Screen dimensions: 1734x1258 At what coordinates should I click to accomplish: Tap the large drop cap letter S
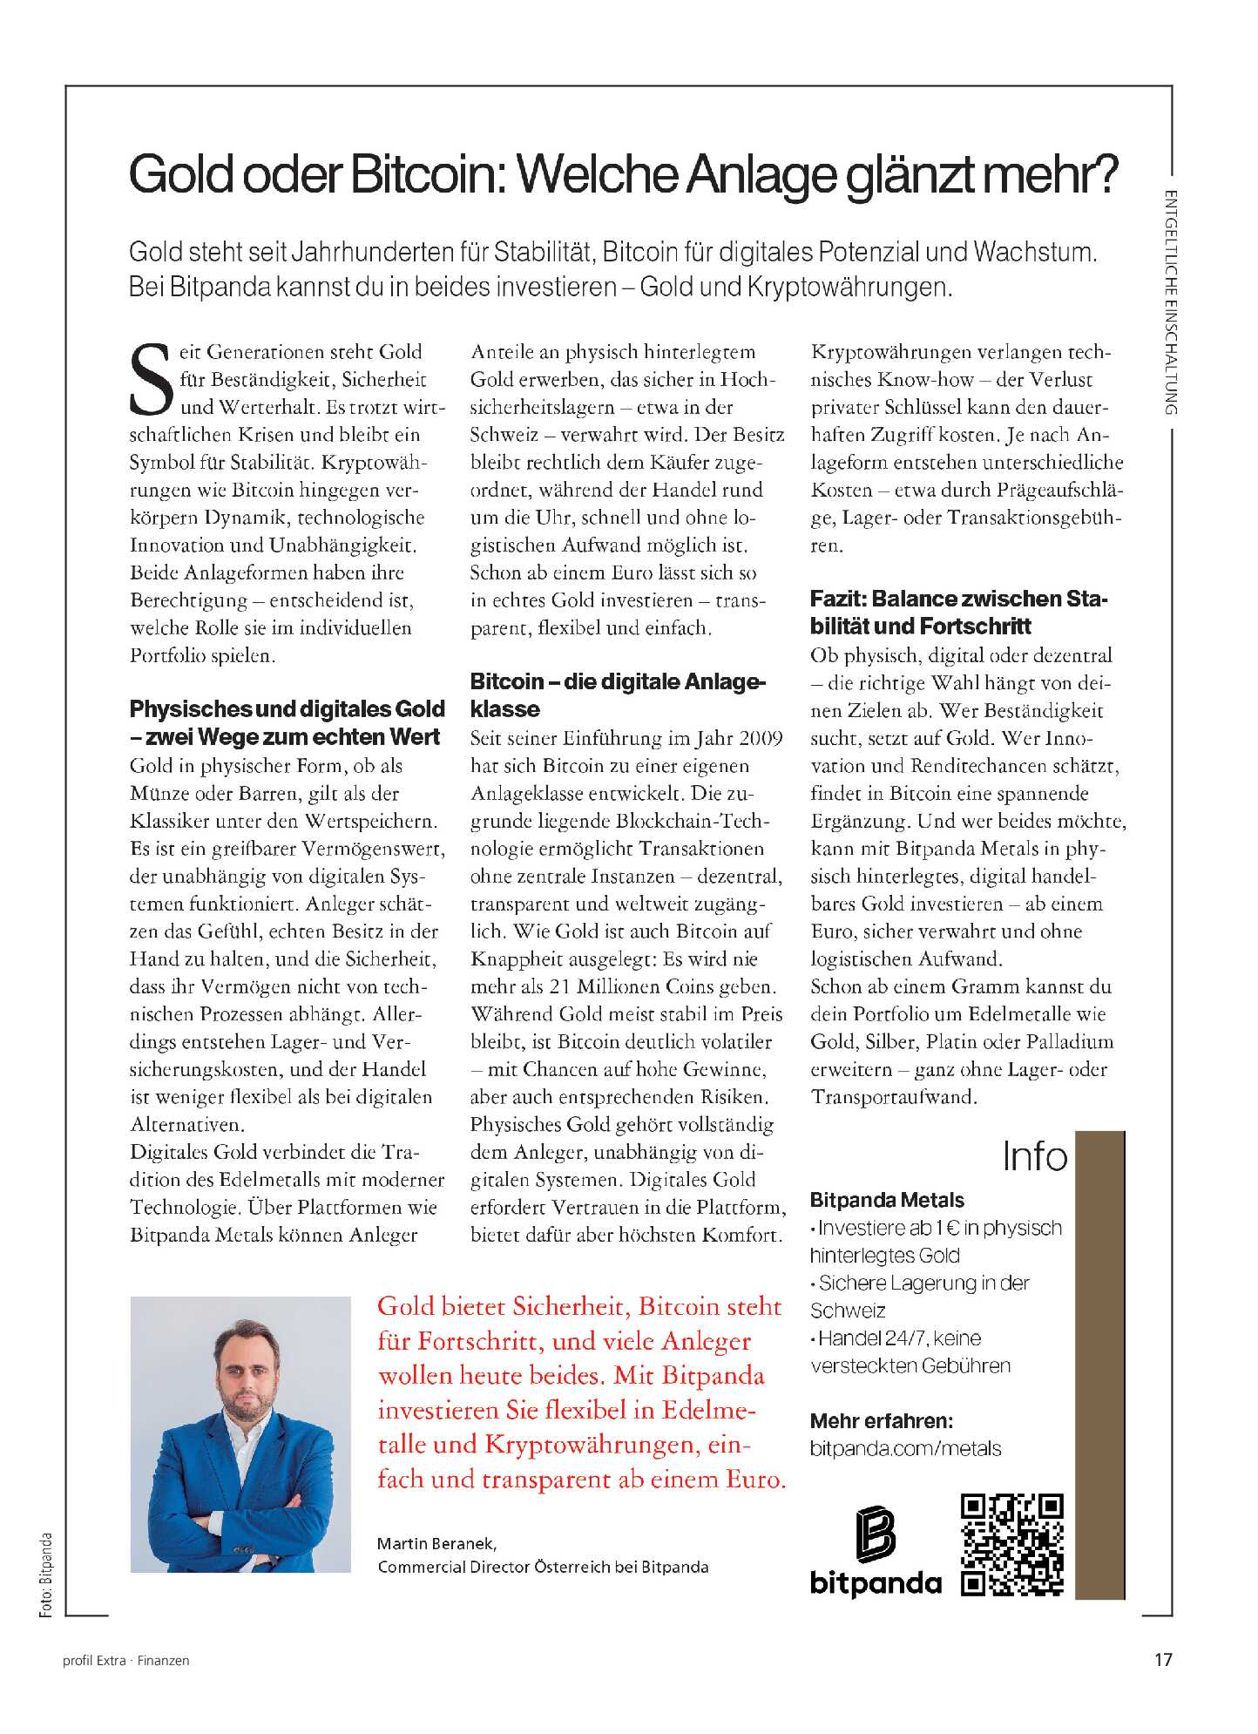click(x=152, y=380)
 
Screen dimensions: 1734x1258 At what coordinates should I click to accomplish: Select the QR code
click(x=1012, y=1545)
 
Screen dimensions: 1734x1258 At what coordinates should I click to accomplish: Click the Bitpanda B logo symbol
click(x=876, y=1534)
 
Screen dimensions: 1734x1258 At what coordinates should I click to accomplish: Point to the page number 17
click(x=1163, y=1660)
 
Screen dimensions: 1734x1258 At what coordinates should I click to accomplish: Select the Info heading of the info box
click(x=1034, y=1156)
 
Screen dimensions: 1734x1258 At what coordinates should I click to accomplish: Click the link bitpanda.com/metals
click(x=905, y=1448)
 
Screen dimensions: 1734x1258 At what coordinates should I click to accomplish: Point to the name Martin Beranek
click(x=436, y=1543)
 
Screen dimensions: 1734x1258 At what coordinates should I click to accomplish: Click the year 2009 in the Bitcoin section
click(x=761, y=738)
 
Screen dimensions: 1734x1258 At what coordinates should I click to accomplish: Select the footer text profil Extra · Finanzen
click(x=126, y=1661)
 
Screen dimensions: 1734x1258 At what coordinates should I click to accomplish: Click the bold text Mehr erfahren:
click(x=881, y=1420)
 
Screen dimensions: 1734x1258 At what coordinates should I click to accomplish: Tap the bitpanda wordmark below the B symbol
click(x=876, y=1582)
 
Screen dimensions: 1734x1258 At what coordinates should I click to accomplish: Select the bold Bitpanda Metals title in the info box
click(x=887, y=1200)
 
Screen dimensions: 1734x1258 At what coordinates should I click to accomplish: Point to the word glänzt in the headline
click(x=910, y=174)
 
